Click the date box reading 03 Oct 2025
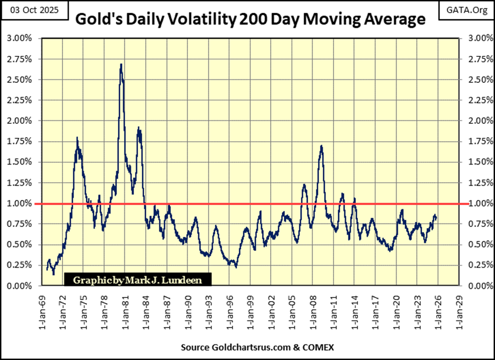coord(35,10)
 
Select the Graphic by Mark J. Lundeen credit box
coord(137,279)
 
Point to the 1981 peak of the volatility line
coord(121,64)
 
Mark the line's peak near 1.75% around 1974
coord(77,138)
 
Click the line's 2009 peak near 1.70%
coord(321,146)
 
